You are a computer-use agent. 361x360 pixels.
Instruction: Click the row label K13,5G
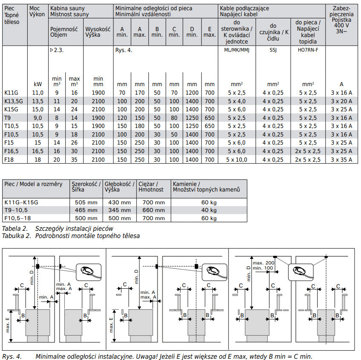[13, 101]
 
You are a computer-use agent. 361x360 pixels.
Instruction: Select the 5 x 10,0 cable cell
[236, 160]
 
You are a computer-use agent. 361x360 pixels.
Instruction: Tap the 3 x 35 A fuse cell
[341, 160]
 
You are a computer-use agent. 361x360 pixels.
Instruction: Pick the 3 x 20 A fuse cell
[341, 101]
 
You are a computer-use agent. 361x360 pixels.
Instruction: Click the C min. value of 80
[174, 118]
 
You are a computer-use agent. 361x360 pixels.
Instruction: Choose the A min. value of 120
[122, 118]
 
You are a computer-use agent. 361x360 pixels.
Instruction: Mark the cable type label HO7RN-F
[307, 50]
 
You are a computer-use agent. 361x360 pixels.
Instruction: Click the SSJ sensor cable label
[273, 50]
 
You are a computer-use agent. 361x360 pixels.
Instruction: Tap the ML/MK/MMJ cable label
[236, 50]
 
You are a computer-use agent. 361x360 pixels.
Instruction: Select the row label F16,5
[12, 151]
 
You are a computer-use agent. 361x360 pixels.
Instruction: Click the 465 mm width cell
[86, 210]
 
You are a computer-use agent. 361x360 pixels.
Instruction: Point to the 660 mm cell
[153, 210]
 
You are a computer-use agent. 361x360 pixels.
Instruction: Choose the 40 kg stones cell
[209, 210]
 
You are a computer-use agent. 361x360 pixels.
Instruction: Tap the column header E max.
[209, 32]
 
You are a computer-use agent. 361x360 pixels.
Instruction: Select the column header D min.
[192, 32]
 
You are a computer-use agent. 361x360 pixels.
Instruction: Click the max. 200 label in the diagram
[263, 262]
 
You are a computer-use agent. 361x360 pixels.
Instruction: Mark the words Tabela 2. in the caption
[15, 229]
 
